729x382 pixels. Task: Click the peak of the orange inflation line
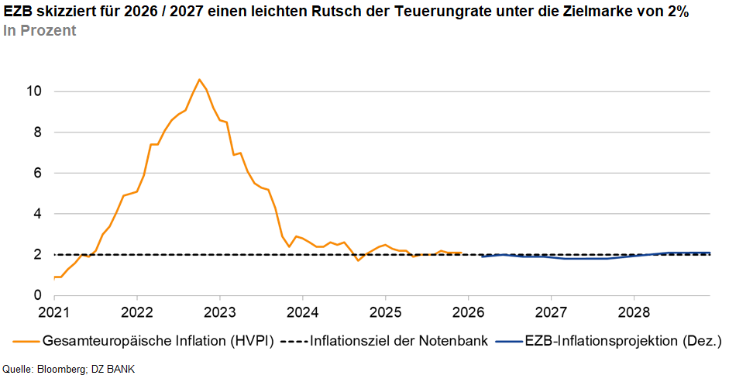pos(199,79)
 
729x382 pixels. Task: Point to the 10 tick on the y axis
pos(33,91)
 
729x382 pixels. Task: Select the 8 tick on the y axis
pos(36,132)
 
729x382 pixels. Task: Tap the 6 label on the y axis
pos(36,173)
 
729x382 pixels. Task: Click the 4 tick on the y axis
pos(36,214)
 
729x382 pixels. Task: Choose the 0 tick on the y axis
pos(36,295)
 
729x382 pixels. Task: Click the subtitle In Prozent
pos(40,31)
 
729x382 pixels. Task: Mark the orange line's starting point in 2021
pos(54,277)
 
